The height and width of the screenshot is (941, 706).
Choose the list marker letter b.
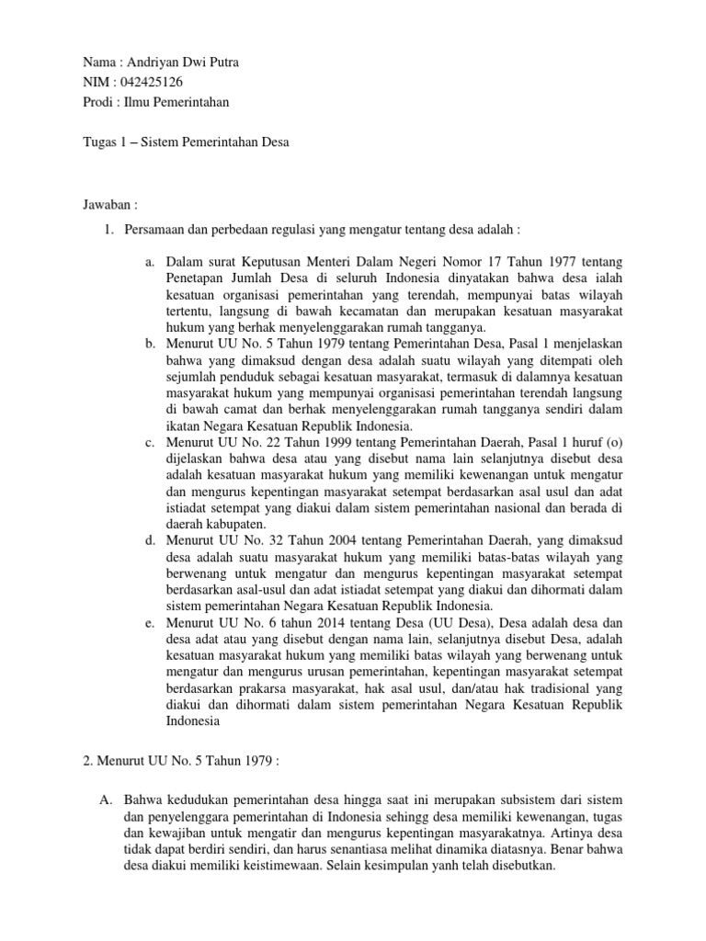(x=150, y=344)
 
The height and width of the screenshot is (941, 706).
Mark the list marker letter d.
(x=150, y=537)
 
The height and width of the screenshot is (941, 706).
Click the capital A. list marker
(x=105, y=800)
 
